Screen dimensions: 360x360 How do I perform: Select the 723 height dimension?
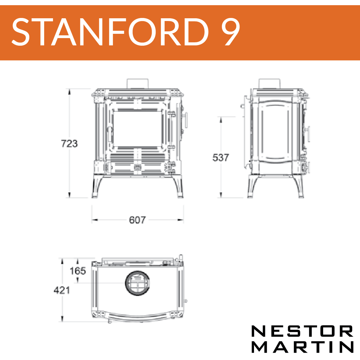(69, 143)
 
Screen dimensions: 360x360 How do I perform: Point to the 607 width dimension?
(137, 220)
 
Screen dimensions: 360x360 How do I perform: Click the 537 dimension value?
(221, 157)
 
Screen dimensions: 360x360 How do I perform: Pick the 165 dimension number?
(78, 271)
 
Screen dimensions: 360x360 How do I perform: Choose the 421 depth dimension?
(62, 290)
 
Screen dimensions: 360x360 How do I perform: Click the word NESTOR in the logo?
(302, 332)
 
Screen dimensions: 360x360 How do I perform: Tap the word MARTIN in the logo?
(302, 347)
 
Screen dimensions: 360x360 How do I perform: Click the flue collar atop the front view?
(138, 83)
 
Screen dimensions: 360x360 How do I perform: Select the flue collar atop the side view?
(269, 83)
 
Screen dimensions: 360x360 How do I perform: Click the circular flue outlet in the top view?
(138, 283)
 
